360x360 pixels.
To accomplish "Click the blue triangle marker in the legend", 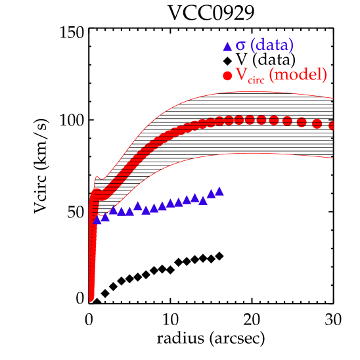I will tap(227, 47).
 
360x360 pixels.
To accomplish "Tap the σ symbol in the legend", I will tap(240, 46).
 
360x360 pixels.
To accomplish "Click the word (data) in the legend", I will tap(272, 45).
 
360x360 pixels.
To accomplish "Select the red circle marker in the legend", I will tap(227, 76).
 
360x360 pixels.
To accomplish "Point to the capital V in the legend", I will tap(242, 75).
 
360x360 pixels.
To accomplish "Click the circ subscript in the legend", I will tap(257, 79).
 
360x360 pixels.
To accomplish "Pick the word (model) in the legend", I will tap(300, 75).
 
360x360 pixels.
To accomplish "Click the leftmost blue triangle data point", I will tap(97, 220).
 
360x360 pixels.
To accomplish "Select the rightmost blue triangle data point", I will tap(219, 191).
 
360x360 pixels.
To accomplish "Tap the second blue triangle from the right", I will tap(211, 193).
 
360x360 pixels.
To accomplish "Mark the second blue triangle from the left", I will tap(105, 217).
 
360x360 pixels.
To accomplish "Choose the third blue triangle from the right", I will tap(203, 200).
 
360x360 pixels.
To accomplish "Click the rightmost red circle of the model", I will tap(332, 125).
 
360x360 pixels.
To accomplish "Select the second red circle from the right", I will tap(317, 124).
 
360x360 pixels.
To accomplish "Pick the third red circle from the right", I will tap(302, 122).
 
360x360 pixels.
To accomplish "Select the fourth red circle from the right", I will tap(288, 121).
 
